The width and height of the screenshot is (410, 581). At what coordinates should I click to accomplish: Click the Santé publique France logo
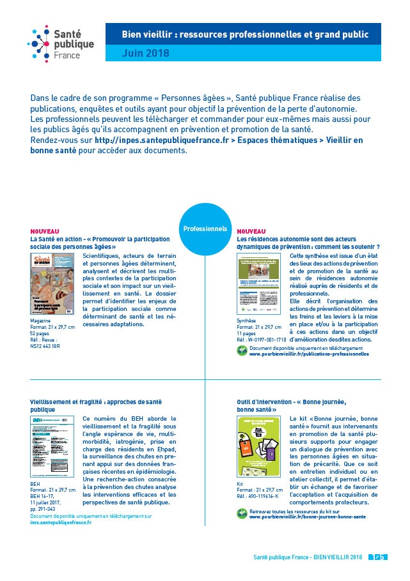coord(60,43)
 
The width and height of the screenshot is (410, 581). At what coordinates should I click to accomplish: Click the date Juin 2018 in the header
coord(146,54)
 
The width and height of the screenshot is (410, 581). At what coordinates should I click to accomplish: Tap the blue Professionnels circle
coord(205,229)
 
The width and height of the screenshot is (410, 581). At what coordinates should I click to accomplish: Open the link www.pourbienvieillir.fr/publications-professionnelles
coord(309,353)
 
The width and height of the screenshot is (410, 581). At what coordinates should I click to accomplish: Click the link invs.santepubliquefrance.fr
coord(60,522)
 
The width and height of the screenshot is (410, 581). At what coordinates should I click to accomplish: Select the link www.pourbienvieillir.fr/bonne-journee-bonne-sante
coord(308,517)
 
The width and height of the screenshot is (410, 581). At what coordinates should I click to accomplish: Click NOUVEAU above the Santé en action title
coord(45,231)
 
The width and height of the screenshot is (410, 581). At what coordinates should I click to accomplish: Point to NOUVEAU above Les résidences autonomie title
coord(251,231)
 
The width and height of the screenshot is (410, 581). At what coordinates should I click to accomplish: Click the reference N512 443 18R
coord(45,345)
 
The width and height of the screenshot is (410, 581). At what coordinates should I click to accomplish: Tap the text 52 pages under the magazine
coord(41,333)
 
